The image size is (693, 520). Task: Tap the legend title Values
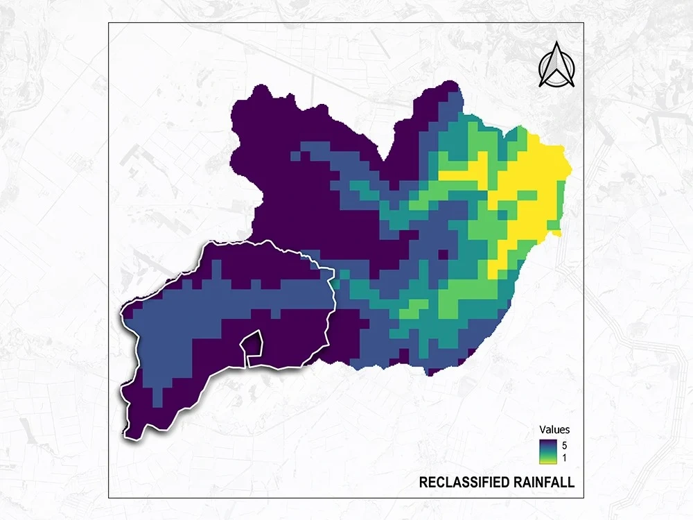click(x=554, y=430)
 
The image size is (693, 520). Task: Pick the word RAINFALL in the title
click(x=545, y=483)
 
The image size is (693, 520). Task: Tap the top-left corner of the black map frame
click(x=109, y=23)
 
